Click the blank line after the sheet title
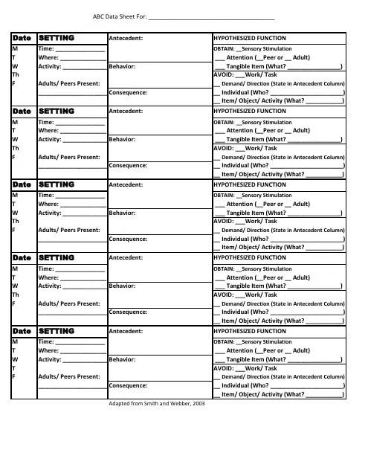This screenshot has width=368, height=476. point(211,16)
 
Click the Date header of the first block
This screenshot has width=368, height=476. point(22,37)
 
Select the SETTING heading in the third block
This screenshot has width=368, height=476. point(57,184)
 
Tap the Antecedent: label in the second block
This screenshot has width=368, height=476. point(126,110)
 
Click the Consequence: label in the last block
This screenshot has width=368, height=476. point(128,385)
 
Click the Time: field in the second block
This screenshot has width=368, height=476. point(46,121)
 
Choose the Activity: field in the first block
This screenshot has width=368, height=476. point(51,66)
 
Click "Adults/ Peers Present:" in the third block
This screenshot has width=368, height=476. point(69,230)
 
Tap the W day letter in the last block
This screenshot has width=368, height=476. point(15,358)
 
